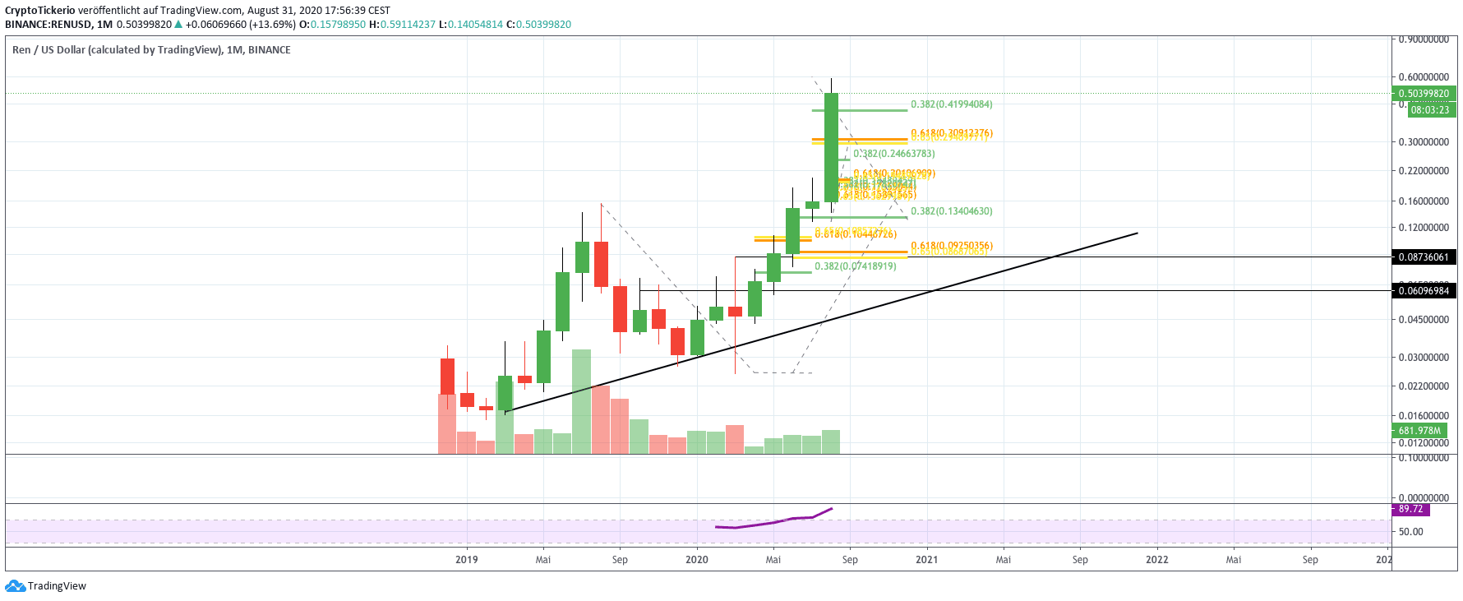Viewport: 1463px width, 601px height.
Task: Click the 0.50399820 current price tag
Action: coord(1424,94)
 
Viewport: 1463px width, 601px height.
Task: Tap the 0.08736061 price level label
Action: coord(1424,257)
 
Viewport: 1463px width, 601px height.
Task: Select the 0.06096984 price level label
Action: coord(1424,291)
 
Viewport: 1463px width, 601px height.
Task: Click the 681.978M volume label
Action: coord(1419,431)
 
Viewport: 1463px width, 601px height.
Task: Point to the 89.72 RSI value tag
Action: coord(1410,510)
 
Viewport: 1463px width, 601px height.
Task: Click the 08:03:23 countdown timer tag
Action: coord(1430,110)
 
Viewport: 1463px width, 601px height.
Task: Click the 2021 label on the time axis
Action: coord(926,560)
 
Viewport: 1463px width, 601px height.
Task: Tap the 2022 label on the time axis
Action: coord(1156,560)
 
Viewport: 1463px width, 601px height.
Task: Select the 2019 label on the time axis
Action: coord(466,560)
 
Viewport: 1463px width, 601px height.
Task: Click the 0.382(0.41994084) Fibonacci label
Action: coord(951,104)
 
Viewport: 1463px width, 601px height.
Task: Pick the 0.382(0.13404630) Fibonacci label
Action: coord(951,211)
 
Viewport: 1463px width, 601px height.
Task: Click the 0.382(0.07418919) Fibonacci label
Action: coord(855,266)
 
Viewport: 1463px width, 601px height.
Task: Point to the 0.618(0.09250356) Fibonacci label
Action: coord(951,246)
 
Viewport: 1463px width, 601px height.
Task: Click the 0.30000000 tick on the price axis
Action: coord(1424,142)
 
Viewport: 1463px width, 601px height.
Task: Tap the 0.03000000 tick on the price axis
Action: coord(1424,358)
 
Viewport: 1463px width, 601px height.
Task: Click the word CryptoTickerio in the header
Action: coord(40,11)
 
